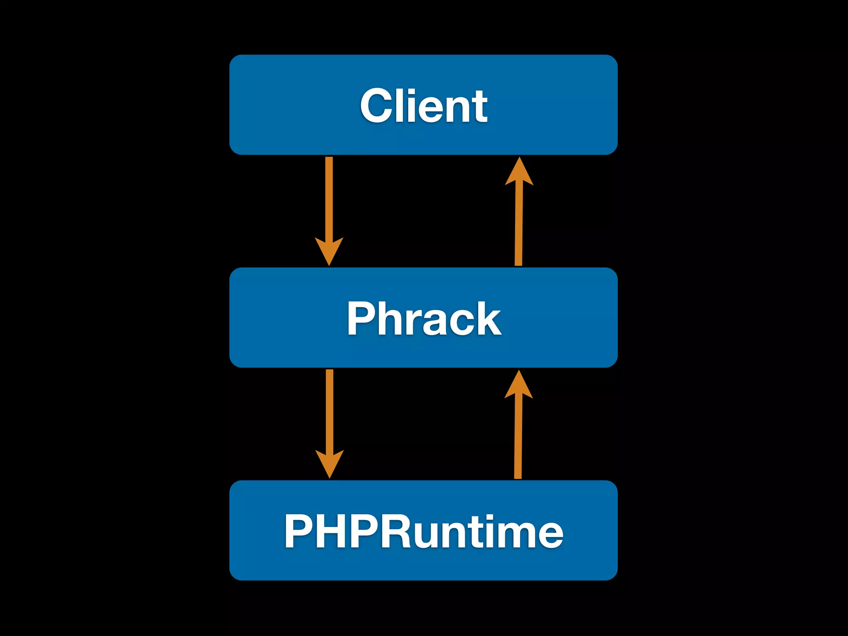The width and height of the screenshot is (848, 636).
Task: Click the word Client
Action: pyautogui.click(x=424, y=106)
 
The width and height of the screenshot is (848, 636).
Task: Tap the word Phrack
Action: pyautogui.click(x=424, y=318)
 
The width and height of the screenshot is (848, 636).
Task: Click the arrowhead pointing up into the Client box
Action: pyautogui.click(x=519, y=172)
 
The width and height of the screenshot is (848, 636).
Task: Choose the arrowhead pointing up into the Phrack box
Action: pyautogui.click(x=518, y=385)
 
